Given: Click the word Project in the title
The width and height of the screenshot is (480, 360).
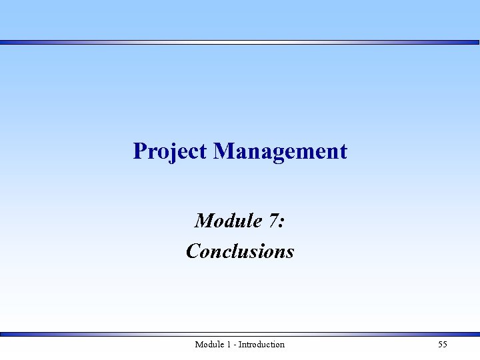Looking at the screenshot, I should pyautogui.click(x=170, y=151).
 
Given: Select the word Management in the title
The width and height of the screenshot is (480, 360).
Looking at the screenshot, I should pyautogui.click(x=280, y=151).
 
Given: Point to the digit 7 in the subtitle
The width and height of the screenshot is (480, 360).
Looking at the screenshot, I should pyautogui.click(x=273, y=220).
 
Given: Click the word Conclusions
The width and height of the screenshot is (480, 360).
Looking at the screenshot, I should pyautogui.click(x=240, y=251).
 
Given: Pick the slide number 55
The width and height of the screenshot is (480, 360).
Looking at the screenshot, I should pyautogui.click(x=443, y=345).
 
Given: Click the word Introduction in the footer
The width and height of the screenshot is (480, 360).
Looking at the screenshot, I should pyautogui.click(x=261, y=345).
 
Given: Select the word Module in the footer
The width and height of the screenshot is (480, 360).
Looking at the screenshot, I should pyautogui.click(x=209, y=345).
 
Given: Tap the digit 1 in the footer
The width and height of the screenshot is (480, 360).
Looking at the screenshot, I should pyautogui.click(x=229, y=345).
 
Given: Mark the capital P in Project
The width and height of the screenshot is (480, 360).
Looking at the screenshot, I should pyautogui.click(x=139, y=151).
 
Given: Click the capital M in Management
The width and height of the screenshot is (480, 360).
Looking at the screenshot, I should pyautogui.click(x=223, y=151).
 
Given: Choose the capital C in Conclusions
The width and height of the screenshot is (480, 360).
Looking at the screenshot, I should pyautogui.click(x=193, y=251).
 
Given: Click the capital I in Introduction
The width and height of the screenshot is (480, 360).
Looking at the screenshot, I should pyautogui.click(x=240, y=345).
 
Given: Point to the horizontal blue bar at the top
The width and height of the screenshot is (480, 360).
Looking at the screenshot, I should pyautogui.click(x=240, y=42).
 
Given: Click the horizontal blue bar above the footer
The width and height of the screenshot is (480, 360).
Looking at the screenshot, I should pyautogui.click(x=240, y=334).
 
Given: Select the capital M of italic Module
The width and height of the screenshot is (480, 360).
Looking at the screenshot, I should pyautogui.click(x=203, y=220).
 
